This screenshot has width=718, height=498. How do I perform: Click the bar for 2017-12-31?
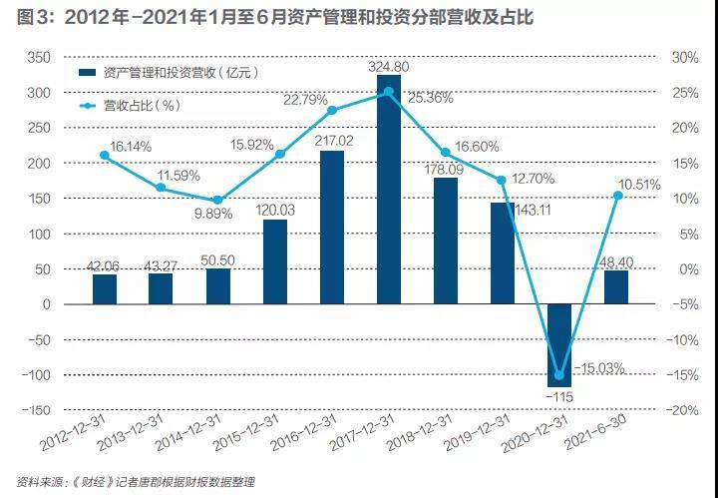(389, 190)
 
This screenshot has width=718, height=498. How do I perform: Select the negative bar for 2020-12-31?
(559, 345)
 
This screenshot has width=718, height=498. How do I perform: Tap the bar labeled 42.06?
(105, 289)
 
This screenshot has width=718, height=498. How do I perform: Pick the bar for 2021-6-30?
(616, 287)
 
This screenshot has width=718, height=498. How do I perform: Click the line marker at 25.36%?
(389, 92)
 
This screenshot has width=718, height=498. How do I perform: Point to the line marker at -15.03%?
(559, 375)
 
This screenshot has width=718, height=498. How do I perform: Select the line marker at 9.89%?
(218, 201)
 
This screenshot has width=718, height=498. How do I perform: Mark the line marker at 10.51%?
(618, 196)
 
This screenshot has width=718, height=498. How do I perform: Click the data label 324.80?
(389, 67)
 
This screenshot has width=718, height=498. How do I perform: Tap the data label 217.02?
(334, 141)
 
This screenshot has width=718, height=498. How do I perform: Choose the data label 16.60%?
(477, 147)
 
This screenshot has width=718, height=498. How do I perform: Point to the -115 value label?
(559, 397)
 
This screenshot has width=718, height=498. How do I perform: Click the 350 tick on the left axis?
(39, 58)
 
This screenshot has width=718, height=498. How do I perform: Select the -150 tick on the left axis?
(36, 410)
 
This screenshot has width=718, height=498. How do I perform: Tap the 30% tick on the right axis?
(685, 58)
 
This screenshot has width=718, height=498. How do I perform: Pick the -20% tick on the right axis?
(682, 410)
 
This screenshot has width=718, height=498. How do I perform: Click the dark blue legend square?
(88, 73)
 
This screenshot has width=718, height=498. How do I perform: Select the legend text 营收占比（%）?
(142, 106)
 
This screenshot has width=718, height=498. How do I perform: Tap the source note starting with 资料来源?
(136, 482)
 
